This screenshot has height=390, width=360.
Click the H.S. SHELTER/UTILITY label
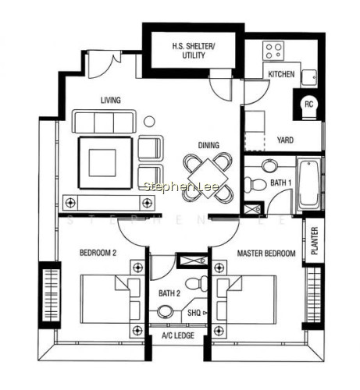click(194, 51)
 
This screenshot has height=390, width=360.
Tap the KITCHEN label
click(281, 74)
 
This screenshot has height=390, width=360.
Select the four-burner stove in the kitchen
click(273, 51)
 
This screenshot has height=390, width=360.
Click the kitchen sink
click(309, 78)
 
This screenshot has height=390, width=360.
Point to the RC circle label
click(308, 105)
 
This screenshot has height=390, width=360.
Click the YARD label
click(285, 140)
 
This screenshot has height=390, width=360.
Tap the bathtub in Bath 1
click(308, 183)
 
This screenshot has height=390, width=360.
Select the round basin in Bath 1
click(269, 165)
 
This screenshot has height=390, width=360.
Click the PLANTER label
click(315, 241)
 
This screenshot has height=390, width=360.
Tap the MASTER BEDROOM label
click(266, 253)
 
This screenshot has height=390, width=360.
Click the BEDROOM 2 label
click(98, 253)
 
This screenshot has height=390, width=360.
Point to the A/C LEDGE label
click(178, 335)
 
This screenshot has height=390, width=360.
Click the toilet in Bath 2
click(197, 283)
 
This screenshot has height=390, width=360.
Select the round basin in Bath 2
click(165, 311)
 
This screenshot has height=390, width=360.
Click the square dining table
click(208, 179)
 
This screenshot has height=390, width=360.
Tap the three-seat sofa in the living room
click(104, 122)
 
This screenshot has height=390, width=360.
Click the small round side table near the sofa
click(149, 121)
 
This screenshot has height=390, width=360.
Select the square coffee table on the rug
click(102, 163)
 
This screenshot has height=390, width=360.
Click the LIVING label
click(111, 100)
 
